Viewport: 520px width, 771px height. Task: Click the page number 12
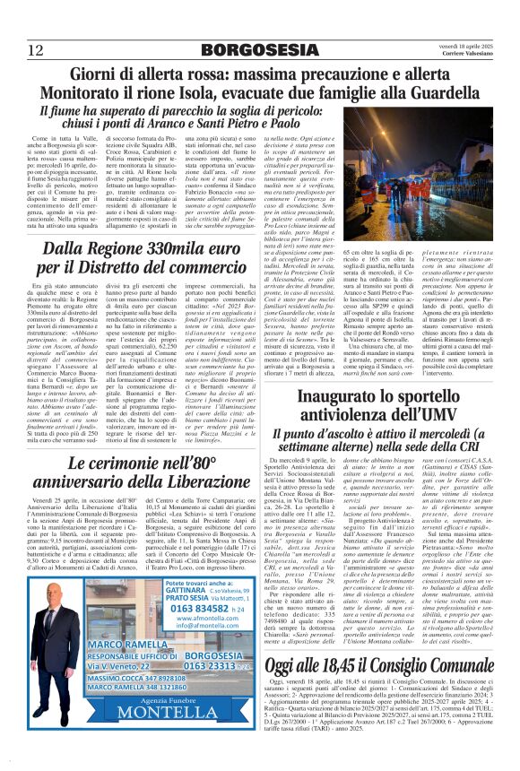pyautogui.click(x=36, y=49)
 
